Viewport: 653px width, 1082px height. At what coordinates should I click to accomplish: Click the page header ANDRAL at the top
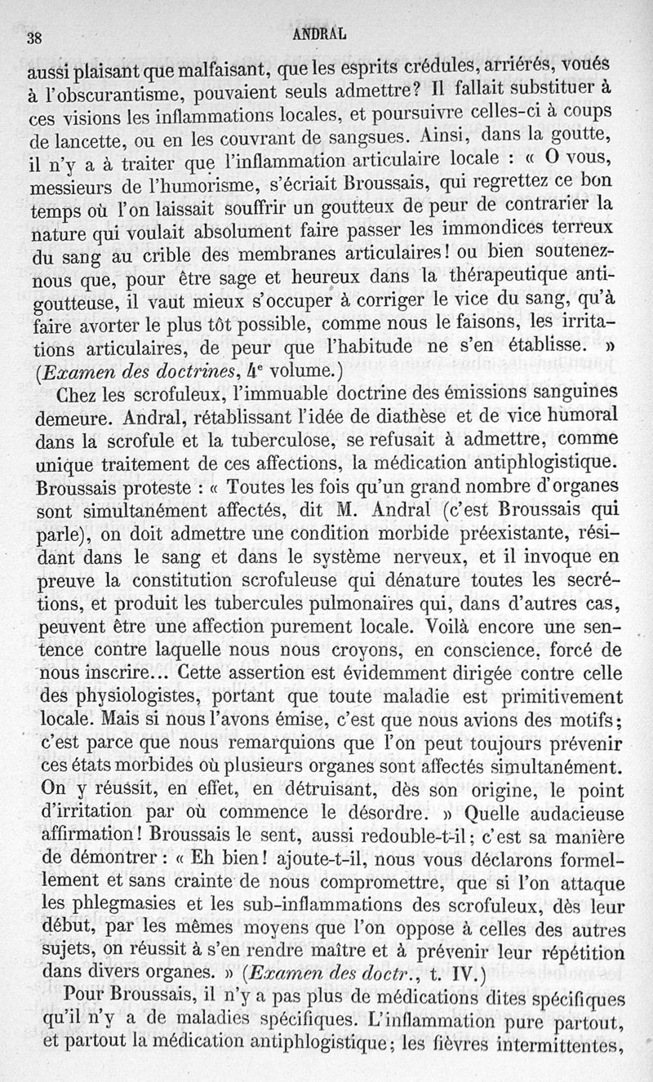[319, 34]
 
